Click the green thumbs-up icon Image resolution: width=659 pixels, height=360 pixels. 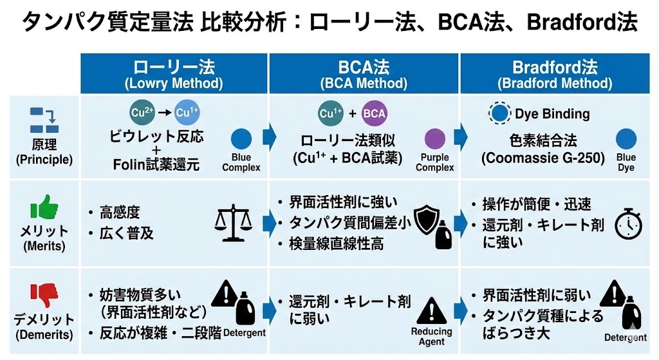(44, 209)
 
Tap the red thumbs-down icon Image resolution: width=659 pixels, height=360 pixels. (44, 294)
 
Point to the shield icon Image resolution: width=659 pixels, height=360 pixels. (426, 220)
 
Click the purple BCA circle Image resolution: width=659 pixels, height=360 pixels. (375, 114)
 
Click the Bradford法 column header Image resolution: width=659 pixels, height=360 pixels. (554, 74)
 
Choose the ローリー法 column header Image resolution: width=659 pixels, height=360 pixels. (174, 74)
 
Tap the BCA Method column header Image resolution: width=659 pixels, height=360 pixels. (364, 74)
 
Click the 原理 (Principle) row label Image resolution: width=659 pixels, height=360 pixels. (44, 151)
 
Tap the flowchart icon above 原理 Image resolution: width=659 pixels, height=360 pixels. (44, 120)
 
